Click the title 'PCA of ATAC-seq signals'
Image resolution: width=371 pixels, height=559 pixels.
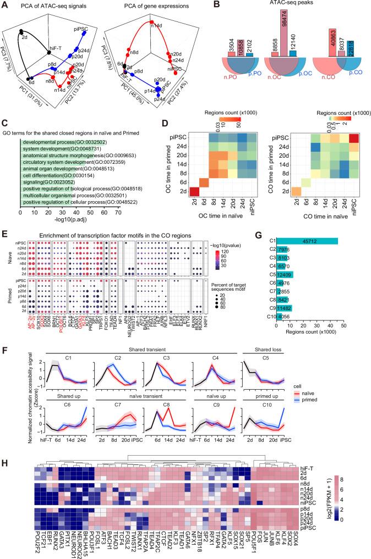(x=47, y=6)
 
